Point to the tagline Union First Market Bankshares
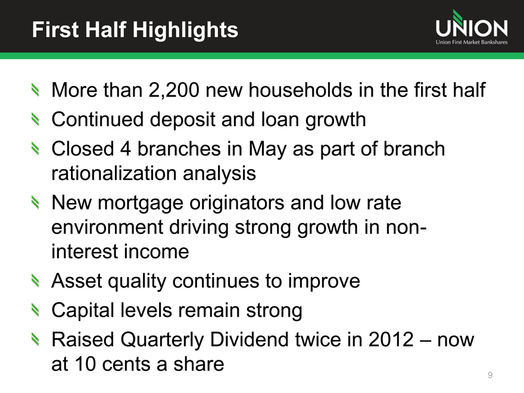coord(472,42)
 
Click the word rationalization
coord(114,173)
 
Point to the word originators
coord(236,202)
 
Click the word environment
coord(107,227)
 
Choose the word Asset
coord(77,280)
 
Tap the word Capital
coord(83,310)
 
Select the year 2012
coord(391,339)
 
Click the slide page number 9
coord(490,375)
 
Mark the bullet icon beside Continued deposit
coord(35,119)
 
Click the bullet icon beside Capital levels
coord(35,310)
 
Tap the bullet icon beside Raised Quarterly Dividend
coord(35,339)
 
